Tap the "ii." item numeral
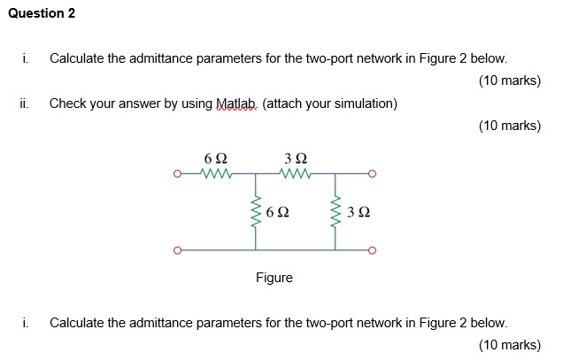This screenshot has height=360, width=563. [24, 103]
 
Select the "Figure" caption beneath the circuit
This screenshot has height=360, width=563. [274, 278]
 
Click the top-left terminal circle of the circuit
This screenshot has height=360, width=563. [178, 173]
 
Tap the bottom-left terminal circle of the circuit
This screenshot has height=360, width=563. [178, 250]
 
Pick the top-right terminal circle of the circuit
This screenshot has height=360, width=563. [372, 173]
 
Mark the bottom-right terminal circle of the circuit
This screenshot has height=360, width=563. [372, 250]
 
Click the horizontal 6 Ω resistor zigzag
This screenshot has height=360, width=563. [217, 173]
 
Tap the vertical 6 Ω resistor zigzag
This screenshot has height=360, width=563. [257, 212]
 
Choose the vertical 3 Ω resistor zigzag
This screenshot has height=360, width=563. [335, 212]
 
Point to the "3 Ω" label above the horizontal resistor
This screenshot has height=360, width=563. [296, 157]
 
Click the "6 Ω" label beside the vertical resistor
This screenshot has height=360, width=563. [277, 213]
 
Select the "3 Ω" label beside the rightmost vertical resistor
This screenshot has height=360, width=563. [359, 213]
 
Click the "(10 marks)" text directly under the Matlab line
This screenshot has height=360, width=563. [509, 126]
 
